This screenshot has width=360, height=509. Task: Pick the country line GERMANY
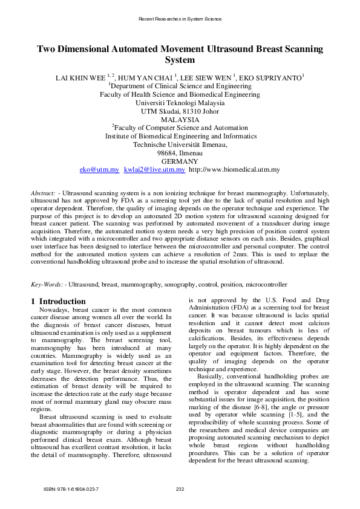(180, 161)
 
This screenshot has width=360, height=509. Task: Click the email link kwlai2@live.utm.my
(154, 170)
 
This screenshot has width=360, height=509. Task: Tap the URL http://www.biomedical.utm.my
(234, 170)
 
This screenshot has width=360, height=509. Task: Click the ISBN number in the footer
(71, 488)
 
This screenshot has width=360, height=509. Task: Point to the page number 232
(180, 488)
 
